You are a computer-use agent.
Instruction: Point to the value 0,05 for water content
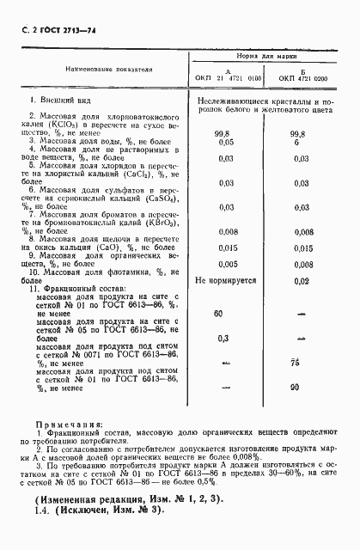click(226, 142)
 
